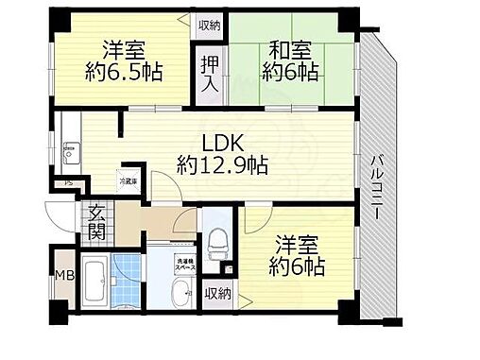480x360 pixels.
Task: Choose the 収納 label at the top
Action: (x=209, y=25)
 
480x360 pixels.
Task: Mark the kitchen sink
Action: (x=68, y=150)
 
